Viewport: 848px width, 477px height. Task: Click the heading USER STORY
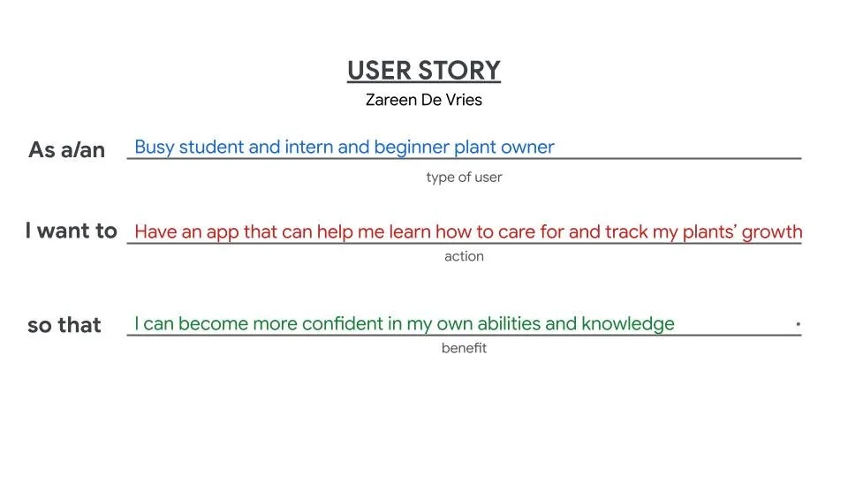point(423,71)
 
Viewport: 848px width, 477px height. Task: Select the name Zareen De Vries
point(423,100)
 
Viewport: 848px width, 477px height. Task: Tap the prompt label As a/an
point(66,150)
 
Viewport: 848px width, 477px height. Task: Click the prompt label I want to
point(71,231)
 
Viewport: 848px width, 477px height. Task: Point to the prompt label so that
point(64,325)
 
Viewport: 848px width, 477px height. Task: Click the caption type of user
point(464,178)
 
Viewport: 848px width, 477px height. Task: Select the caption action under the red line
point(464,257)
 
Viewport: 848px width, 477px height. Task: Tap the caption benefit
point(464,348)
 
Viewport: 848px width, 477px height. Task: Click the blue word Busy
point(155,148)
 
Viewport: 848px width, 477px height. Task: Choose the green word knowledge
point(627,324)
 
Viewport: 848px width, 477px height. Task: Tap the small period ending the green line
point(798,325)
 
